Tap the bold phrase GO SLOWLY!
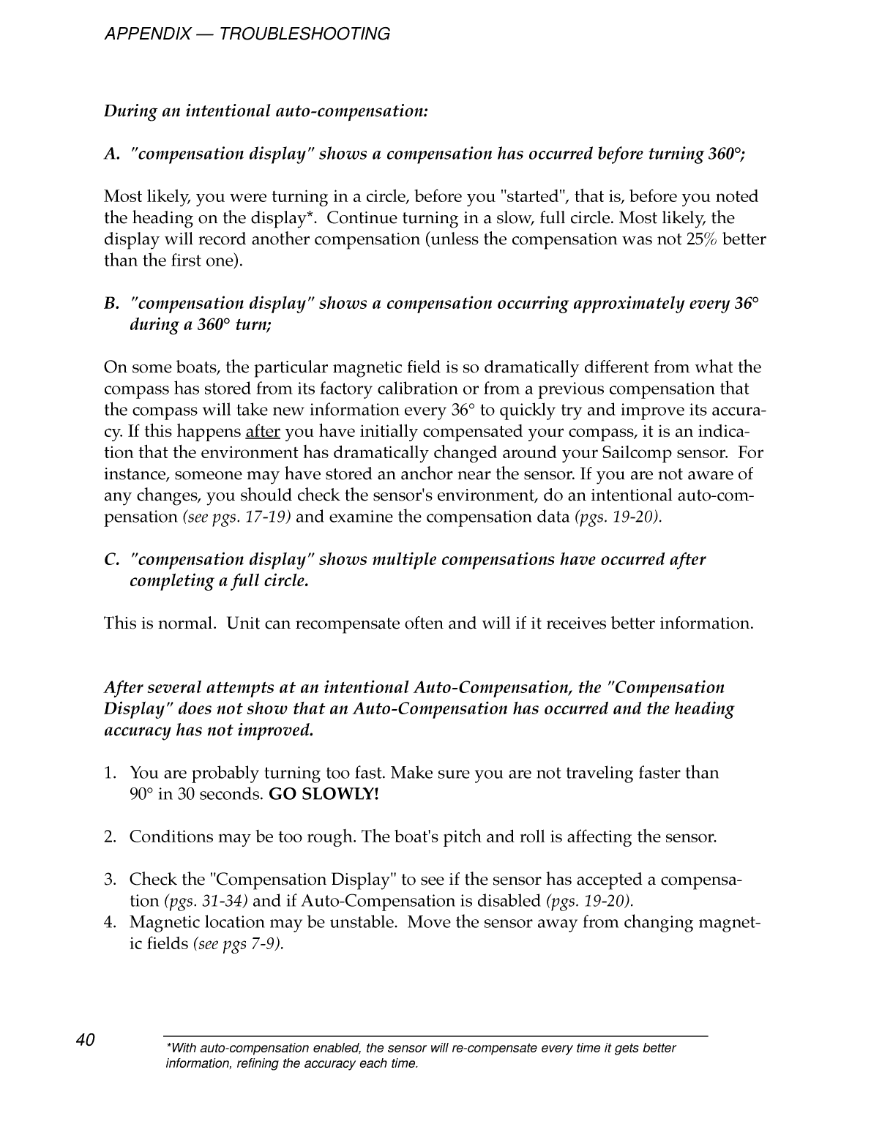coord(324,794)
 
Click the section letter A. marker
coord(111,154)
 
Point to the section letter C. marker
coord(111,560)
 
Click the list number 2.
coord(111,836)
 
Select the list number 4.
coord(111,922)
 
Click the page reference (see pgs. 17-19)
coord(236,517)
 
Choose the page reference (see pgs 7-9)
coord(238,944)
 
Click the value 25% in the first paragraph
coord(702,239)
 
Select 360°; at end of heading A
coord(726,154)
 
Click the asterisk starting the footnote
coord(169,1047)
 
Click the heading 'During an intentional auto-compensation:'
coord(266,111)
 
